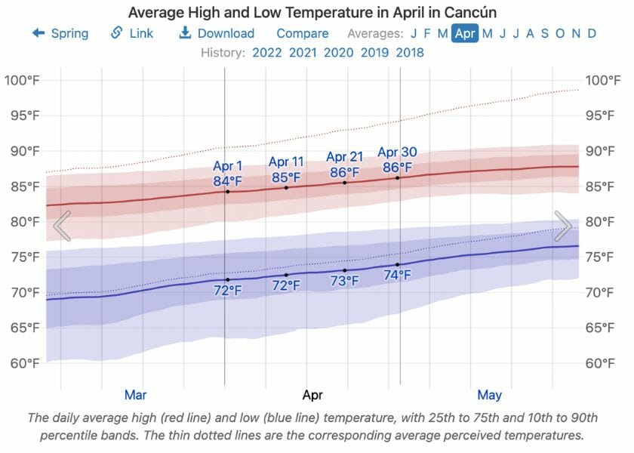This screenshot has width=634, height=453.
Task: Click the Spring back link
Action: click(60, 33)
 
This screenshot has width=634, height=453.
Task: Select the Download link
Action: click(217, 33)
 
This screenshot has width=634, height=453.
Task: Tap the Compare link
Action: click(302, 33)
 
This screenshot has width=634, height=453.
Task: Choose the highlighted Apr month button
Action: click(464, 33)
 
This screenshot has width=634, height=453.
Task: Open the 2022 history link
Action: click(267, 53)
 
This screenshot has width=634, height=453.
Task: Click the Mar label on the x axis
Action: click(135, 394)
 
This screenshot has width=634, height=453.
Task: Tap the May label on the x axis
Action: click(489, 394)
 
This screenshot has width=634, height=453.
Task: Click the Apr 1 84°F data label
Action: click(228, 174)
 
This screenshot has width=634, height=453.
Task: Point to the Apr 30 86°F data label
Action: click(397, 160)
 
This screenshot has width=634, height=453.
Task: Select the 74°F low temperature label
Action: click(397, 276)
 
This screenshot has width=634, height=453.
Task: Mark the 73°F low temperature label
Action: click(345, 282)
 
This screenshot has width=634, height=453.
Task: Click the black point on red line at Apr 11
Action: click(286, 187)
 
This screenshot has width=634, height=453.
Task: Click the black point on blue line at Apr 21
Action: click(345, 270)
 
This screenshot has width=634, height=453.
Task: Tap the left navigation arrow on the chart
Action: click(62, 226)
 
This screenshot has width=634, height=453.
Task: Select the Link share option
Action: click(132, 33)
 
